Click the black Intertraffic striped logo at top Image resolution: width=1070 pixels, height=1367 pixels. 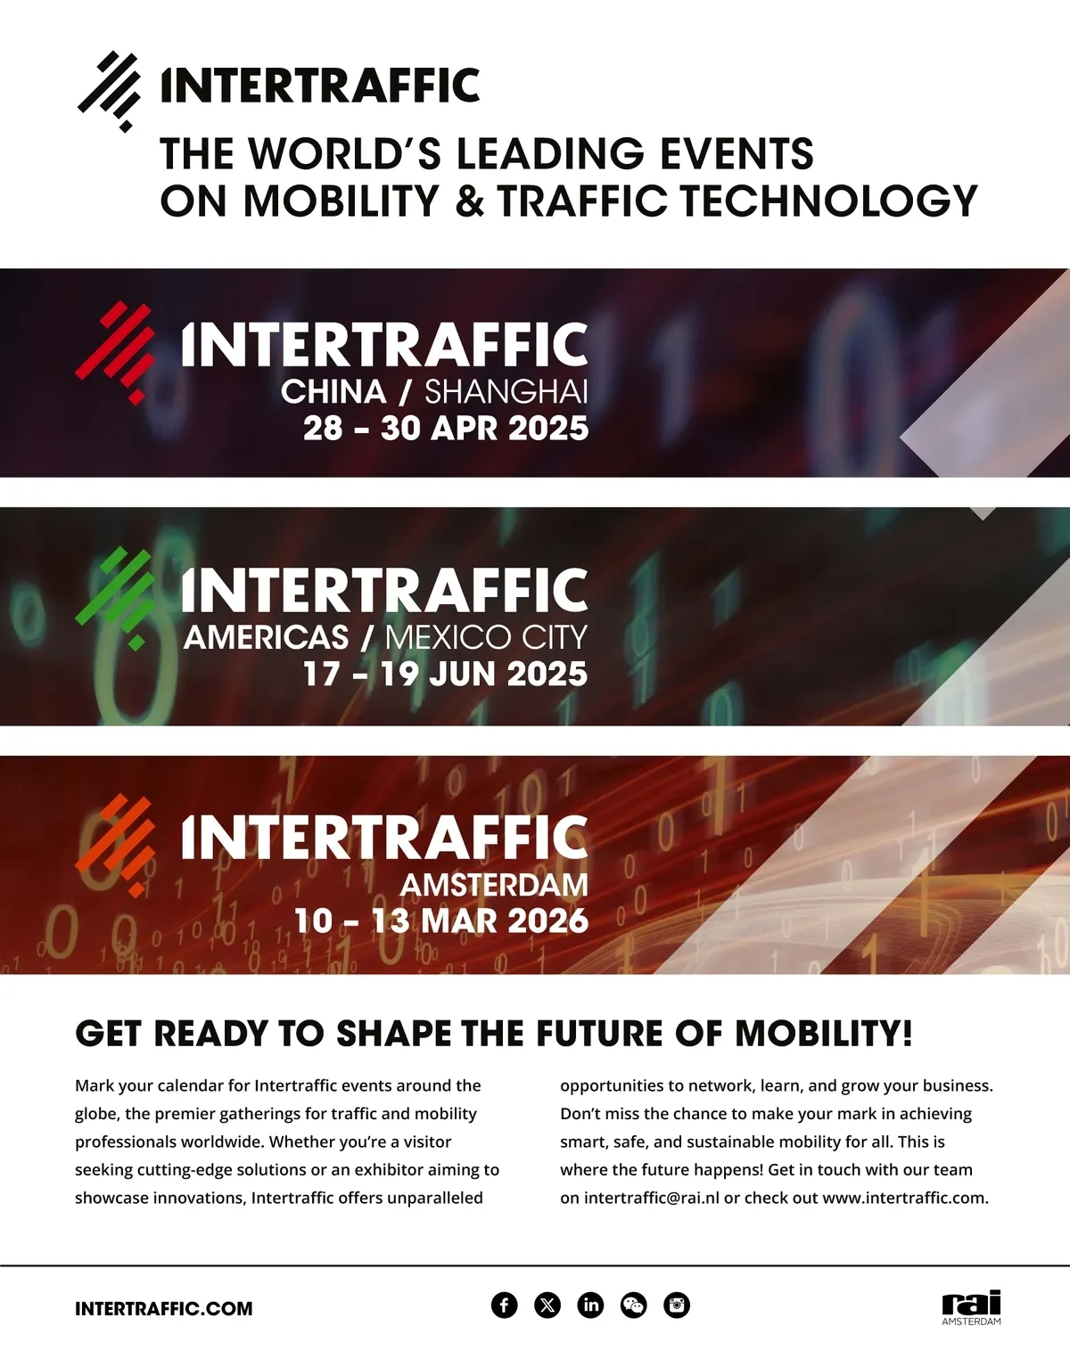[110, 91]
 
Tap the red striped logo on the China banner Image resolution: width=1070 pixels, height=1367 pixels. [115, 352]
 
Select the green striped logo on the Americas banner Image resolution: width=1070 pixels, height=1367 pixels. [115, 598]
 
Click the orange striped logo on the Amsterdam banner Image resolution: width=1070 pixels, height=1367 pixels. [115, 846]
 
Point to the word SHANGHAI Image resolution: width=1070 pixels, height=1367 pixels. [506, 392]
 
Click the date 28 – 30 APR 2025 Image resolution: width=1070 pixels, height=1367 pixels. [446, 429]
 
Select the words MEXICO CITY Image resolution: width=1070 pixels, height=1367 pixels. [486, 637]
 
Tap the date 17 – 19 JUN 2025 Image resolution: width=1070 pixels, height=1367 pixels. [446, 675]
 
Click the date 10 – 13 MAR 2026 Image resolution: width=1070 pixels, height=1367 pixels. [442, 921]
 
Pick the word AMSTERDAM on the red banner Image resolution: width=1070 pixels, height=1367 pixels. [494, 885]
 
